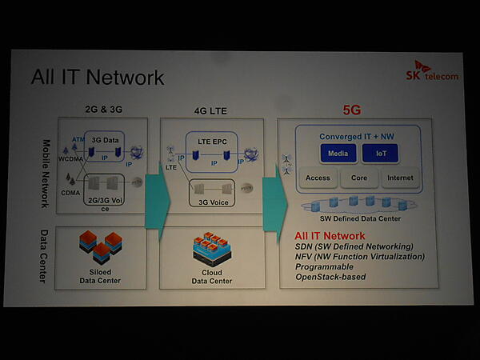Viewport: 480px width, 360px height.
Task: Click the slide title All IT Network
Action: pos(98,77)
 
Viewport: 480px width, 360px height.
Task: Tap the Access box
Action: pos(318,178)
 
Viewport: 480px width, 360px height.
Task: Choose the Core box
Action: pos(358,178)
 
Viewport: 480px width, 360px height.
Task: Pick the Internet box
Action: pos(400,178)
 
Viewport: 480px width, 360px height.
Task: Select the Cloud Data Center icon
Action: pos(211,247)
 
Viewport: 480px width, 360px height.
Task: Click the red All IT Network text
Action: pos(330,236)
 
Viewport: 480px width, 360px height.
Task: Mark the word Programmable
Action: pos(324,266)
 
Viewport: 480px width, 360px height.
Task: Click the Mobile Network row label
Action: pos(46,174)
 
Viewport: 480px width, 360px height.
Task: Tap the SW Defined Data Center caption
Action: pos(358,218)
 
